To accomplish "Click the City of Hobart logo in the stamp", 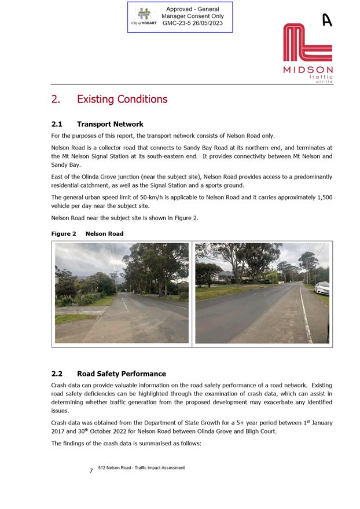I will pos(144,16).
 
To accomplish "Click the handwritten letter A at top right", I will pos(327,20).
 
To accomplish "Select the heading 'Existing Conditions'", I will pos(122,99).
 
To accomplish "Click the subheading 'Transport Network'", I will pos(110,124).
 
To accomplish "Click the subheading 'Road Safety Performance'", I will pos(121,373).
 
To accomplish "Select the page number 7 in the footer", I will pos(91,471).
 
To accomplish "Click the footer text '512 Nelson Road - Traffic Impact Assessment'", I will pos(141,468).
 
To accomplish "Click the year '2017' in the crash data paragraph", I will pos(61,431).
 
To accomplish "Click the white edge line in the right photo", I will pos(304,318).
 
